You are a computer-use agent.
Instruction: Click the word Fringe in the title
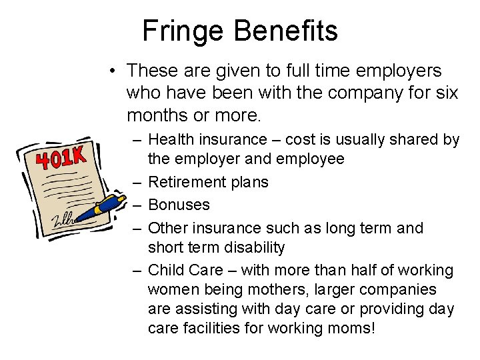pyautogui.click(x=175, y=31)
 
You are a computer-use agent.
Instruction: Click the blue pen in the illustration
pyautogui.click(x=106, y=206)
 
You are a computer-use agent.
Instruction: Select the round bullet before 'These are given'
pyautogui.click(x=115, y=70)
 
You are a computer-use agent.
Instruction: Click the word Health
pyautogui.click(x=171, y=139)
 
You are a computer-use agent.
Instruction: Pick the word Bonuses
pyautogui.click(x=179, y=205)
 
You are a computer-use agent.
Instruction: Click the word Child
pyautogui.click(x=165, y=270)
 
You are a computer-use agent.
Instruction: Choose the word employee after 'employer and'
pyautogui.click(x=311, y=159)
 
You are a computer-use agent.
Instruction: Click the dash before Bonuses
pyautogui.click(x=136, y=205)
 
